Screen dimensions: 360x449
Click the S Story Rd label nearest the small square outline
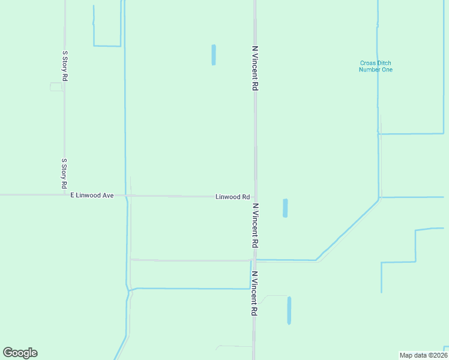[x=65, y=62]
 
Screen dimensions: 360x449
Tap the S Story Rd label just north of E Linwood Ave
[x=64, y=174]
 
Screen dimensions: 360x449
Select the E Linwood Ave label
[x=92, y=196]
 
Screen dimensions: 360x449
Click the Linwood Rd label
[x=232, y=197]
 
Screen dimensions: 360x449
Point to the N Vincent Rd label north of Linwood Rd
[x=255, y=68]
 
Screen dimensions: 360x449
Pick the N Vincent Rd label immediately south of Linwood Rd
[x=255, y=226]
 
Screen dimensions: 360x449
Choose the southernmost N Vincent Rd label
[x=255, y=294]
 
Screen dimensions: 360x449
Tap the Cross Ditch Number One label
[x=376, y=66]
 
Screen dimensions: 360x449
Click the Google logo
[x=20, y=353]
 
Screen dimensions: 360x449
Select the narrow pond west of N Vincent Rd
[x=213, y=55]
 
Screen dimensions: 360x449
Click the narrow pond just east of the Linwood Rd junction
[x=285, y=208]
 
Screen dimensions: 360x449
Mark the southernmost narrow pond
[x=289, y=310]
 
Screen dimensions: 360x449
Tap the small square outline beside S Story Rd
[x=56, y=87]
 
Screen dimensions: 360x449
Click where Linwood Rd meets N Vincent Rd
[x=255, y=196]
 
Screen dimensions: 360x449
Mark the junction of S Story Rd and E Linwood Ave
[x=64, y=195]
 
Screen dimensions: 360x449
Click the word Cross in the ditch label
[x=367, y=63]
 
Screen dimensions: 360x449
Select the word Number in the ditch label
[x=370, y=70]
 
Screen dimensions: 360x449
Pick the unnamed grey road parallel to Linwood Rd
[x=190, y=260]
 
